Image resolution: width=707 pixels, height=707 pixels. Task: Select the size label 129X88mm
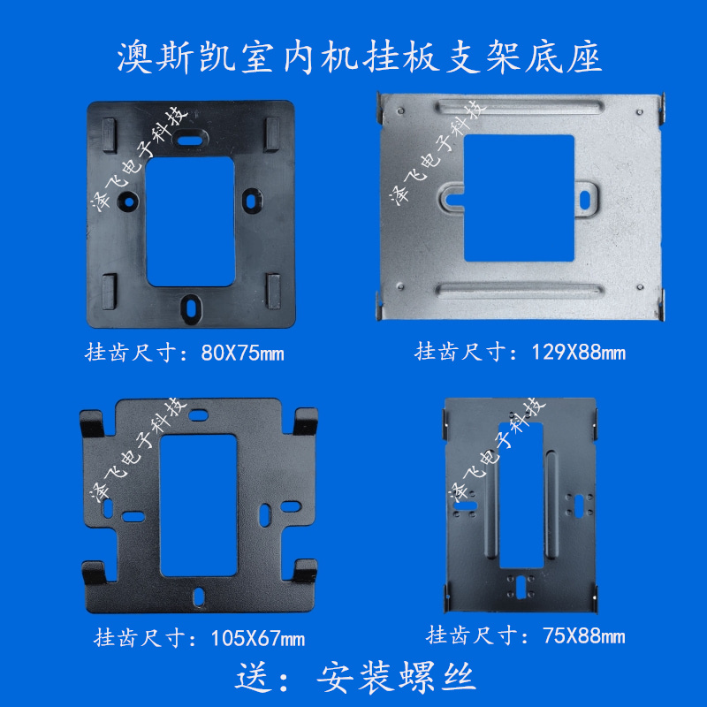[578, 353]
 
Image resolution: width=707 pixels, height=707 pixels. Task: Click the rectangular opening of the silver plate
[519, 197]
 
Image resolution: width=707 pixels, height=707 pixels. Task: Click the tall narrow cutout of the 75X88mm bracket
[522, 496]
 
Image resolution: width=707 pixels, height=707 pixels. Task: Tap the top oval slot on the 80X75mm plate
[188, 139]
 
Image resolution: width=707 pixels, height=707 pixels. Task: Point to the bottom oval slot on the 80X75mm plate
[191, 305]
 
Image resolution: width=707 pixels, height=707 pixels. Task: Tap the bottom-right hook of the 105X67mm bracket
[306, 573]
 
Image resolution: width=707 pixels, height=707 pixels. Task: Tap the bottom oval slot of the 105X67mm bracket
[201, 595]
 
